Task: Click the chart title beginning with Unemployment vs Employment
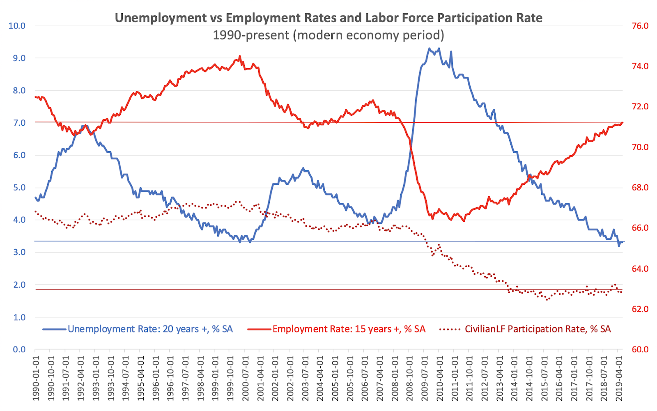[328, 18]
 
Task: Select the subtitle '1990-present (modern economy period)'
[328, 35]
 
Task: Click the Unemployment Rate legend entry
[150, 329]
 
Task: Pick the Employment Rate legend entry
[349, 329]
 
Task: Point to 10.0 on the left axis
[17, 26]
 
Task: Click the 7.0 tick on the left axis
[17, 123]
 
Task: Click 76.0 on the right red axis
[640, 26]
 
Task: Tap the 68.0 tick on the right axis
[640, 188]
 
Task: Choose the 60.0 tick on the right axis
[640, 349]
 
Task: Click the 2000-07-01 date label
[245, 378]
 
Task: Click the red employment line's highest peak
[240, 57]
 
